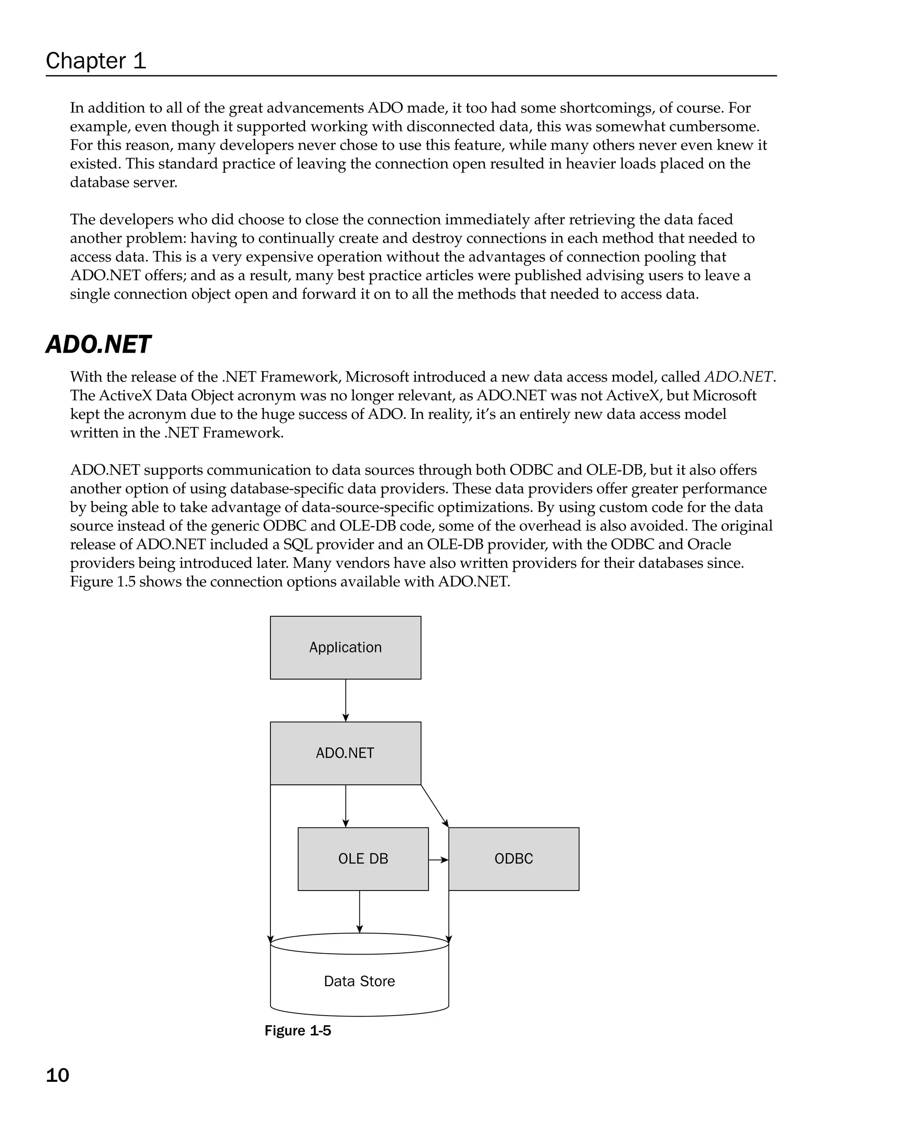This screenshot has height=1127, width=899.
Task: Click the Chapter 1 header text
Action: pos(96,61)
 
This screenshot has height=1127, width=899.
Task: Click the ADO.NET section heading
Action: pos(98,345)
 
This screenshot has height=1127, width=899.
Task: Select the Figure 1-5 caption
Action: pos(298,1030)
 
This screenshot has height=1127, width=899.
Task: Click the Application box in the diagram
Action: pos(345,648)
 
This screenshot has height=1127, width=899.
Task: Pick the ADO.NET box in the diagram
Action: pos(345,753)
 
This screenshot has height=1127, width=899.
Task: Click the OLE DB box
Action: pos(363,859)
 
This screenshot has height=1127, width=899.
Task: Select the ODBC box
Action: pos(514,859)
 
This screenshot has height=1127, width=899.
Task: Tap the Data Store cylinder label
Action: pos(359,981)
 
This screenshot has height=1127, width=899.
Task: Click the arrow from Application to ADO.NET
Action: pos(346,701)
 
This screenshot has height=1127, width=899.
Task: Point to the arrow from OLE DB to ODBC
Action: pos(438,859)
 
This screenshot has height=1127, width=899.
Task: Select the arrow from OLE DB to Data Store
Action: pos(359,912)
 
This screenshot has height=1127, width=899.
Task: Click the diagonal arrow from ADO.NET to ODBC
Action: pos(435,805)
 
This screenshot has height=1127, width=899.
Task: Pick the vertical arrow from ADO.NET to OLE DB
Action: pos(346,805)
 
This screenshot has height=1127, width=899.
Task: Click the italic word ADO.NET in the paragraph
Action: pos(738,377)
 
